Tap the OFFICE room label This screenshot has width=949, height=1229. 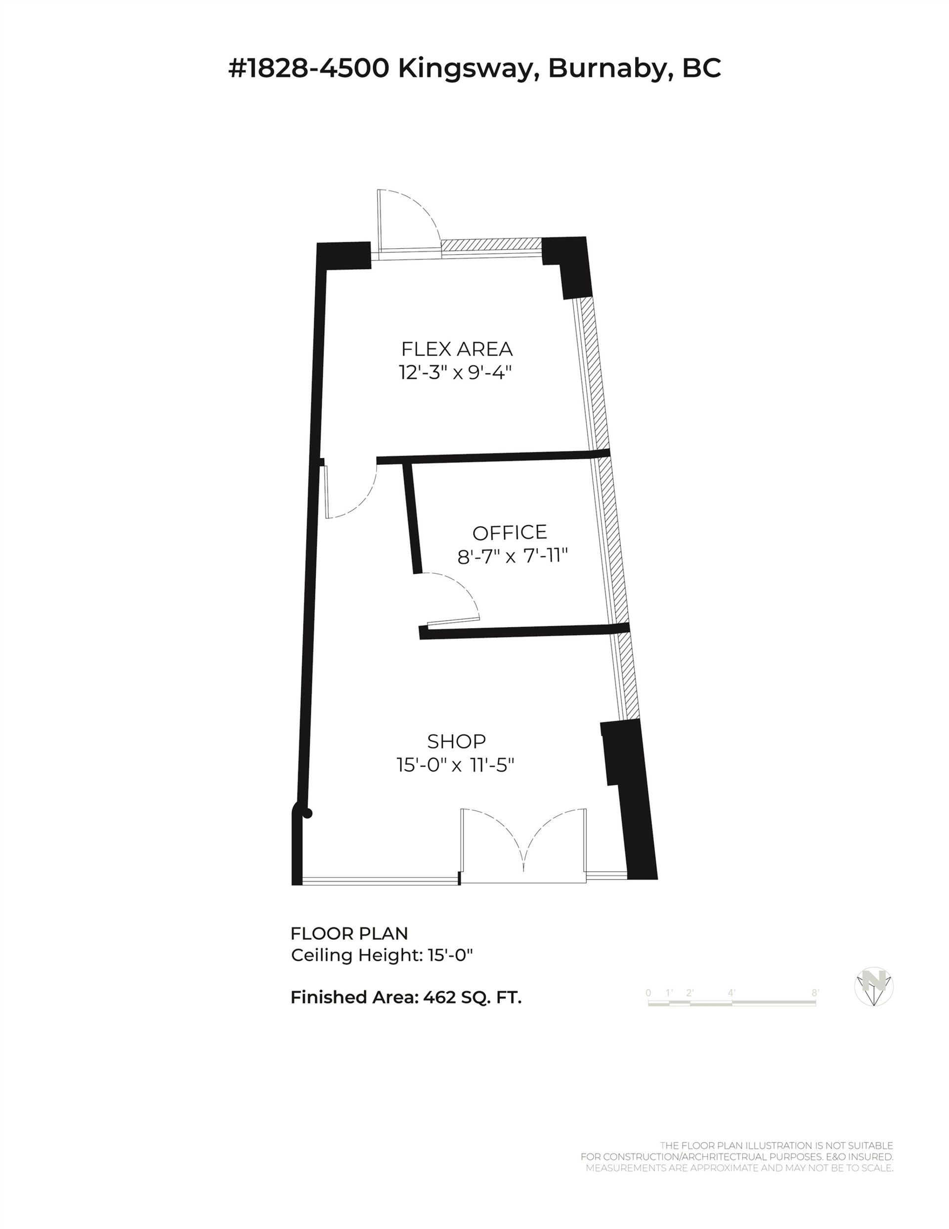tap(510, 532)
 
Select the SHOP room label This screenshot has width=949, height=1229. tap(456, 741)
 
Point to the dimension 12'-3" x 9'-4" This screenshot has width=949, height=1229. tap(457, 372)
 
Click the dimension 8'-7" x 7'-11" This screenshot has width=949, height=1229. tap(513, 556)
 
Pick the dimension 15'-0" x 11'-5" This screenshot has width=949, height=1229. tap(456, 765)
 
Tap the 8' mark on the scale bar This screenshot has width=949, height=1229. tap(815, 993)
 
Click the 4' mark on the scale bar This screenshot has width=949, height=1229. tap(732, 993)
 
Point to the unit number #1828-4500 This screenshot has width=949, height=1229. tap(309, 69)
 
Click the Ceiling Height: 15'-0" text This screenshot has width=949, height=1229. tap(382, 955)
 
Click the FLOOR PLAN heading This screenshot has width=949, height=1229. tap(349, 934)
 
